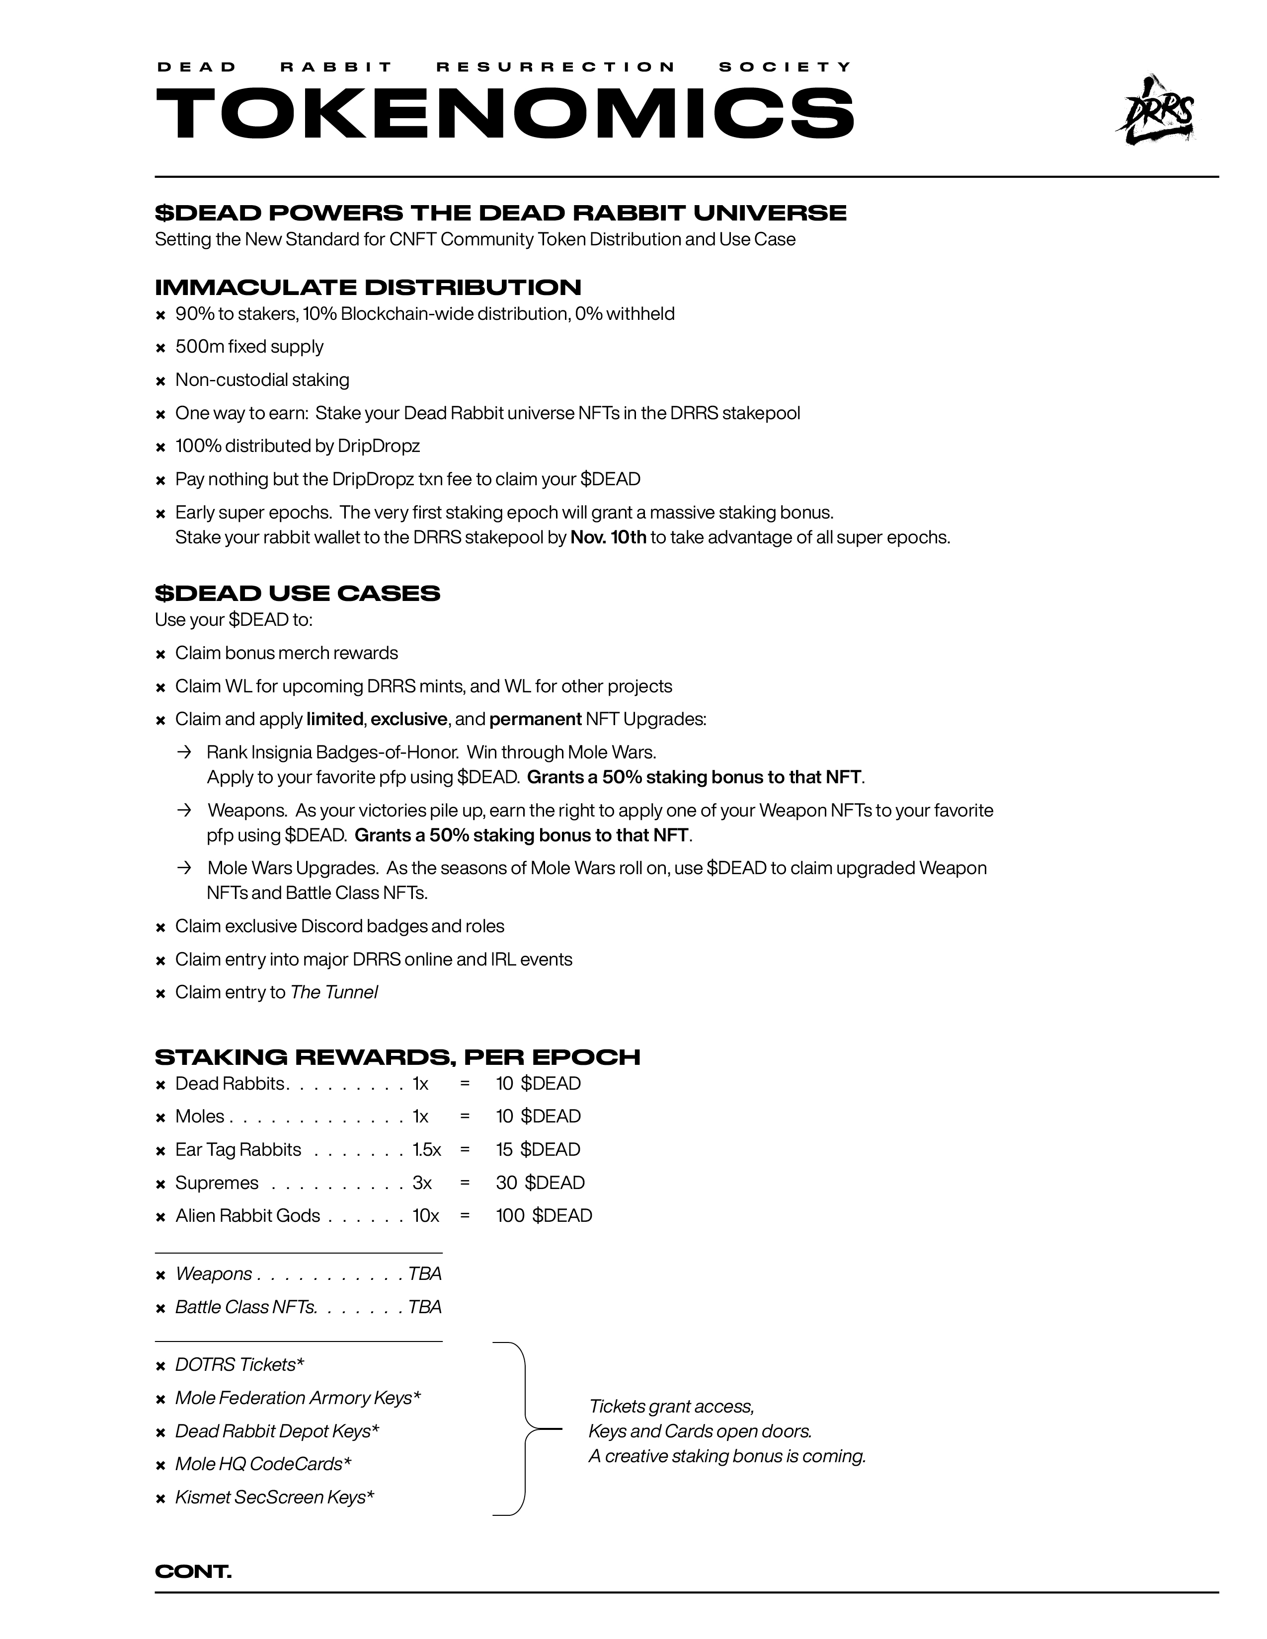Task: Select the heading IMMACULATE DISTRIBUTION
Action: point(368,288)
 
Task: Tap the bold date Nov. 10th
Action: point(608,537)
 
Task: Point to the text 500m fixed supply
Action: point(249,347)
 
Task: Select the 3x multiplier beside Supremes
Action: point(422,1182)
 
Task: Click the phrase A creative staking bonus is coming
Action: point(726,1456)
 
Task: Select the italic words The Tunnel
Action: point(334,992)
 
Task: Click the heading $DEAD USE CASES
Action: point(297,593)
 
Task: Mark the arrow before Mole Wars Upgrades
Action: point(184,868)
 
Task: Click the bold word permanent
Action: point(535,719)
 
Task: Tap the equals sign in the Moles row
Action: point(465,1116)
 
